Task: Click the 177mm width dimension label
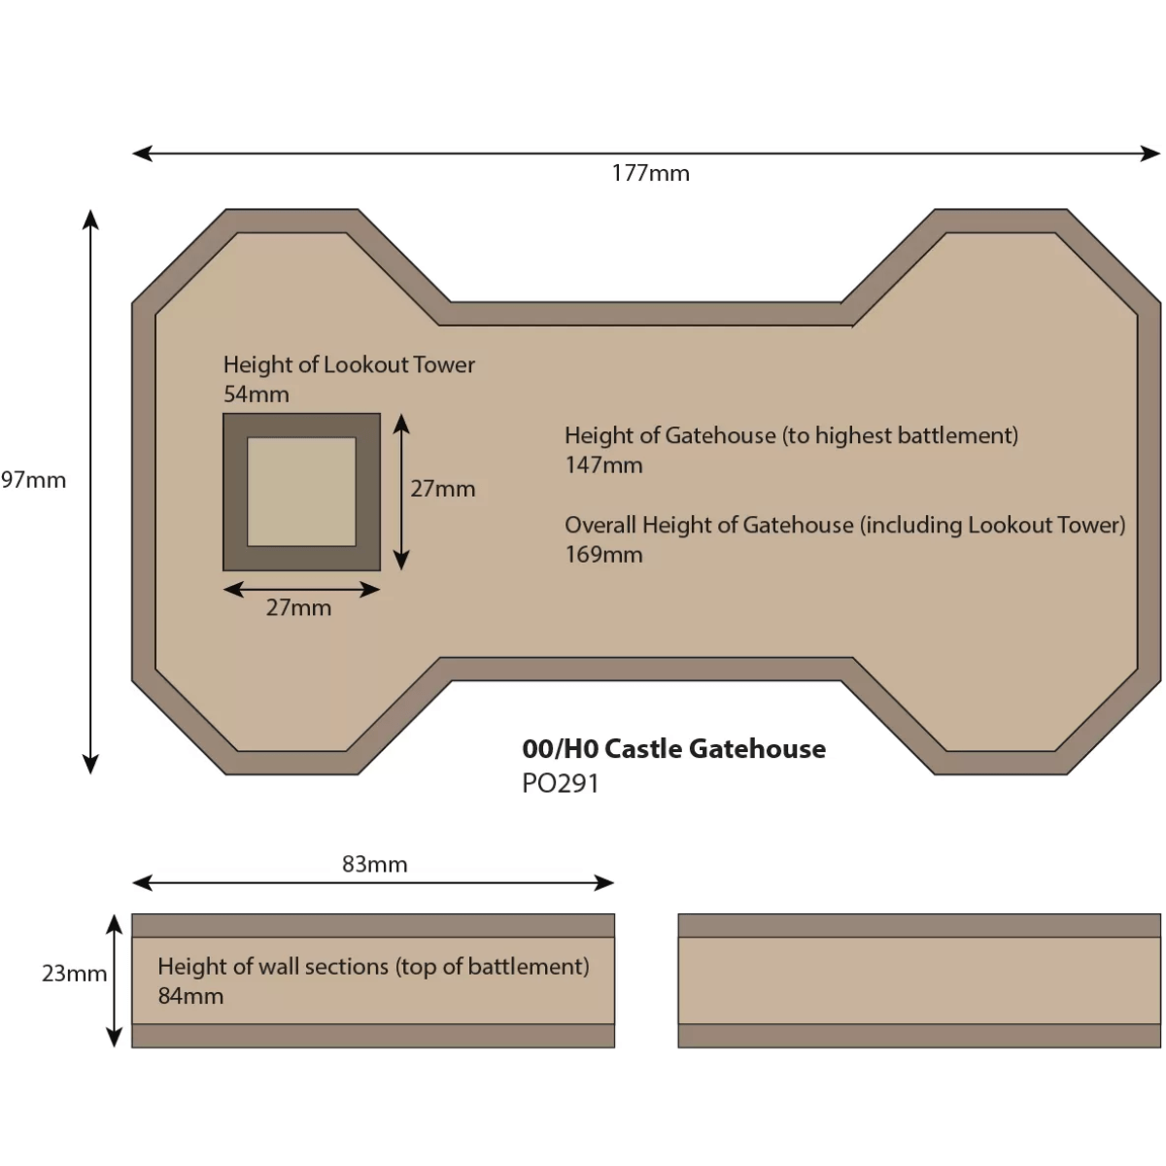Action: (650, 173)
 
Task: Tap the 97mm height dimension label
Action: (34, 479)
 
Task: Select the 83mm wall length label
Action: (374, 864)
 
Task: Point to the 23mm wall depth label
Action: (74, 973)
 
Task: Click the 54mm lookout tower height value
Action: (256, 394)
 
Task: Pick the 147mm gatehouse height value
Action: (603, 464)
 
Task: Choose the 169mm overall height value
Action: (603, 554)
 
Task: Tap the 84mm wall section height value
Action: (190, 995)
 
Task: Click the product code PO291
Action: (560, 782)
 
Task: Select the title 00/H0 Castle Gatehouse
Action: (673, 748)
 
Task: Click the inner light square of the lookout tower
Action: (301, 492)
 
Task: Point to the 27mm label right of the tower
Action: (442, 488)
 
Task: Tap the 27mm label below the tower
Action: (298, 607)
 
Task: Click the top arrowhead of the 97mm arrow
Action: (90, 219)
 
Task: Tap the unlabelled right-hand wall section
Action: (918, 979)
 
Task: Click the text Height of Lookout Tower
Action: (349, 364)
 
